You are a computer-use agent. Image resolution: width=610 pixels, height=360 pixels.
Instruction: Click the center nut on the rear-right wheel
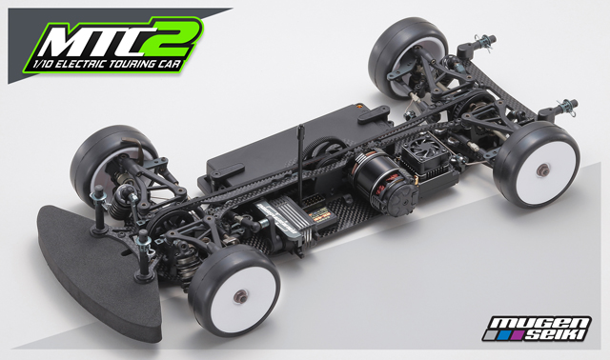pos(541,170)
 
